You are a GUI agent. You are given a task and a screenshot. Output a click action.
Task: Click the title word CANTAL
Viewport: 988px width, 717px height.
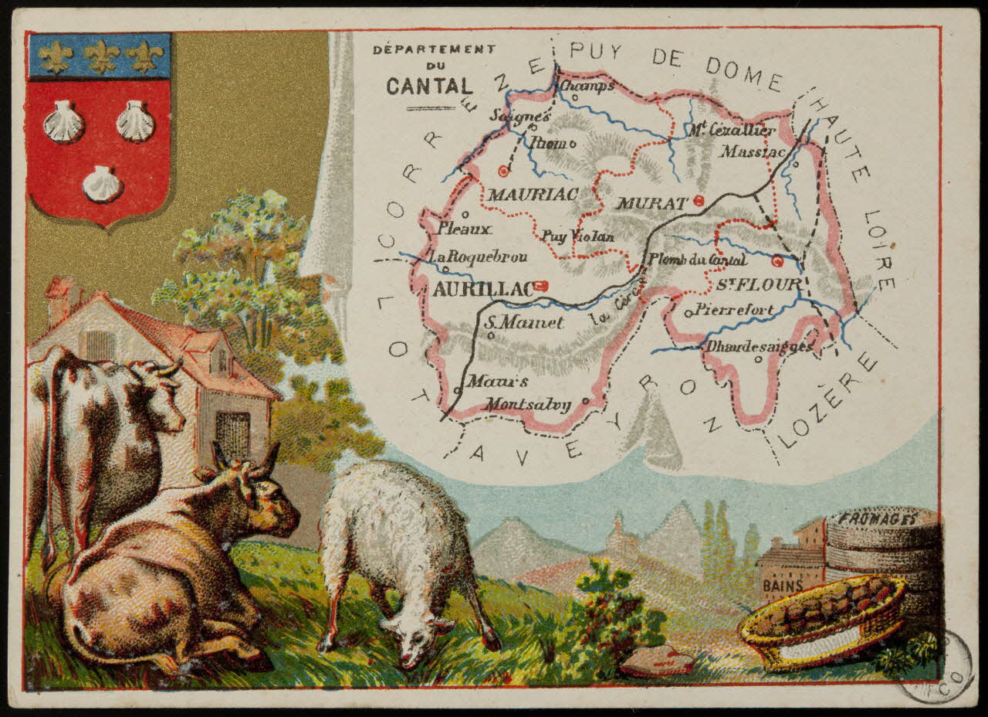430,86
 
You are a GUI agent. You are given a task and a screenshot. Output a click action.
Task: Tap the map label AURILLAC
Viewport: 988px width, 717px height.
483,289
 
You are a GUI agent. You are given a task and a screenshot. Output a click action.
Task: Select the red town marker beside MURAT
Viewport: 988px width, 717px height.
699,201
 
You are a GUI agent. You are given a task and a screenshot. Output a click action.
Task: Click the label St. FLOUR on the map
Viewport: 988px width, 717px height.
759,284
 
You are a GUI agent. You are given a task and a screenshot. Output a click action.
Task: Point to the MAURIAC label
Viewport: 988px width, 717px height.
532,195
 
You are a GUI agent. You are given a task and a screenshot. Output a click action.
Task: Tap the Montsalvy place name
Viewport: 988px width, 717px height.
528,404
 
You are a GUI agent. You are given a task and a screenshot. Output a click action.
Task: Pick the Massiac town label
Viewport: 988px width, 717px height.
753,152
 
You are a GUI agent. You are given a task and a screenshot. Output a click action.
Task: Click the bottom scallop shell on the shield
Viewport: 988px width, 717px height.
103,184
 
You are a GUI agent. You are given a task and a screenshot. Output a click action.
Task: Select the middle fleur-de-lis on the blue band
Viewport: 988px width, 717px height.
102,56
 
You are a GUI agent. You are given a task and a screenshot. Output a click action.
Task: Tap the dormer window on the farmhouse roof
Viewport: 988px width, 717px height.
221,360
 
